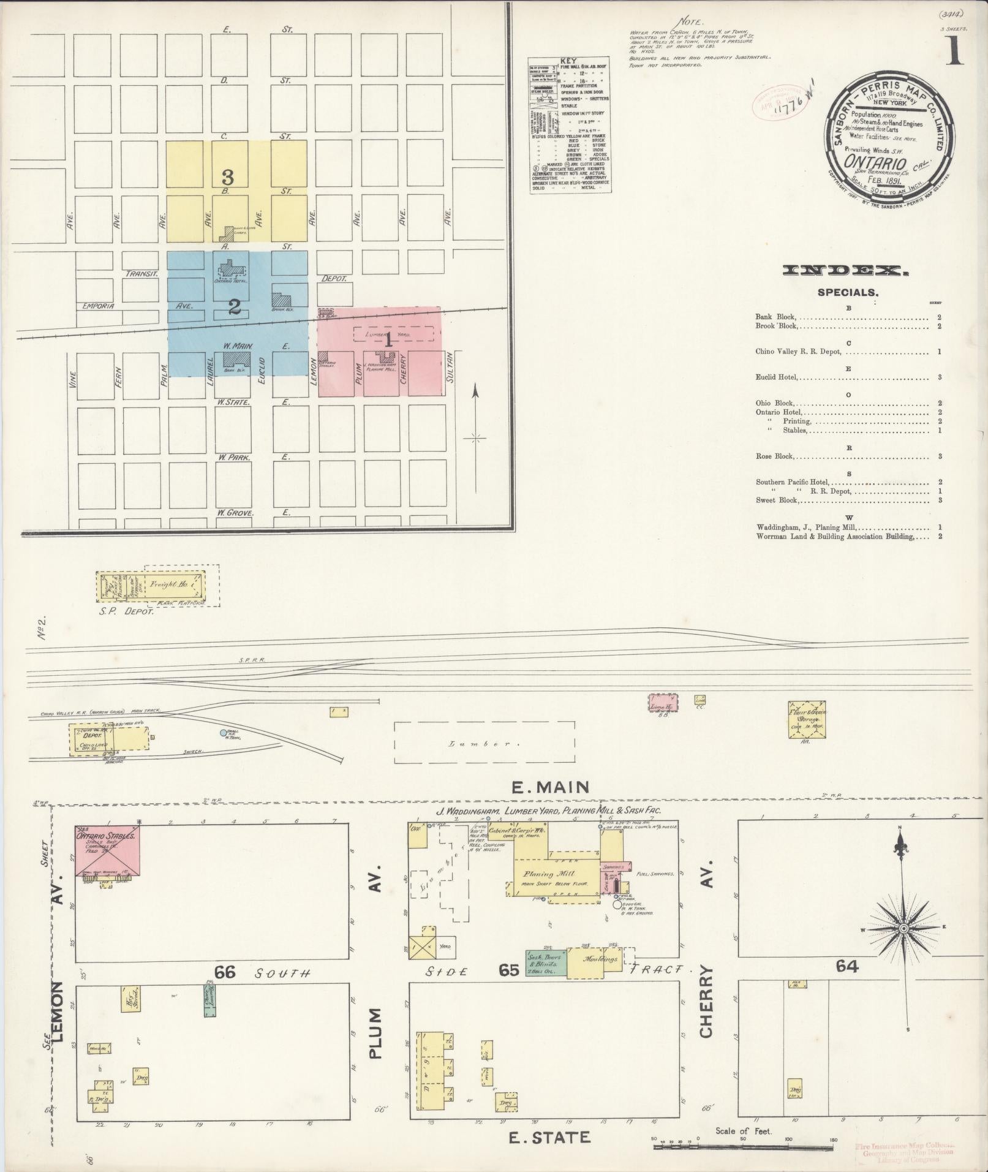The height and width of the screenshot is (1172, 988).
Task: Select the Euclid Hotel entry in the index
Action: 777,377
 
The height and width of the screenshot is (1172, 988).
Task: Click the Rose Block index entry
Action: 775,456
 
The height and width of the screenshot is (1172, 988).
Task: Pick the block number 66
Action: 225,972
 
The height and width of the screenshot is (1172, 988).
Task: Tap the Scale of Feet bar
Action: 743,1139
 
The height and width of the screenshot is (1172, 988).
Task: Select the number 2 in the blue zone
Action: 234,308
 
